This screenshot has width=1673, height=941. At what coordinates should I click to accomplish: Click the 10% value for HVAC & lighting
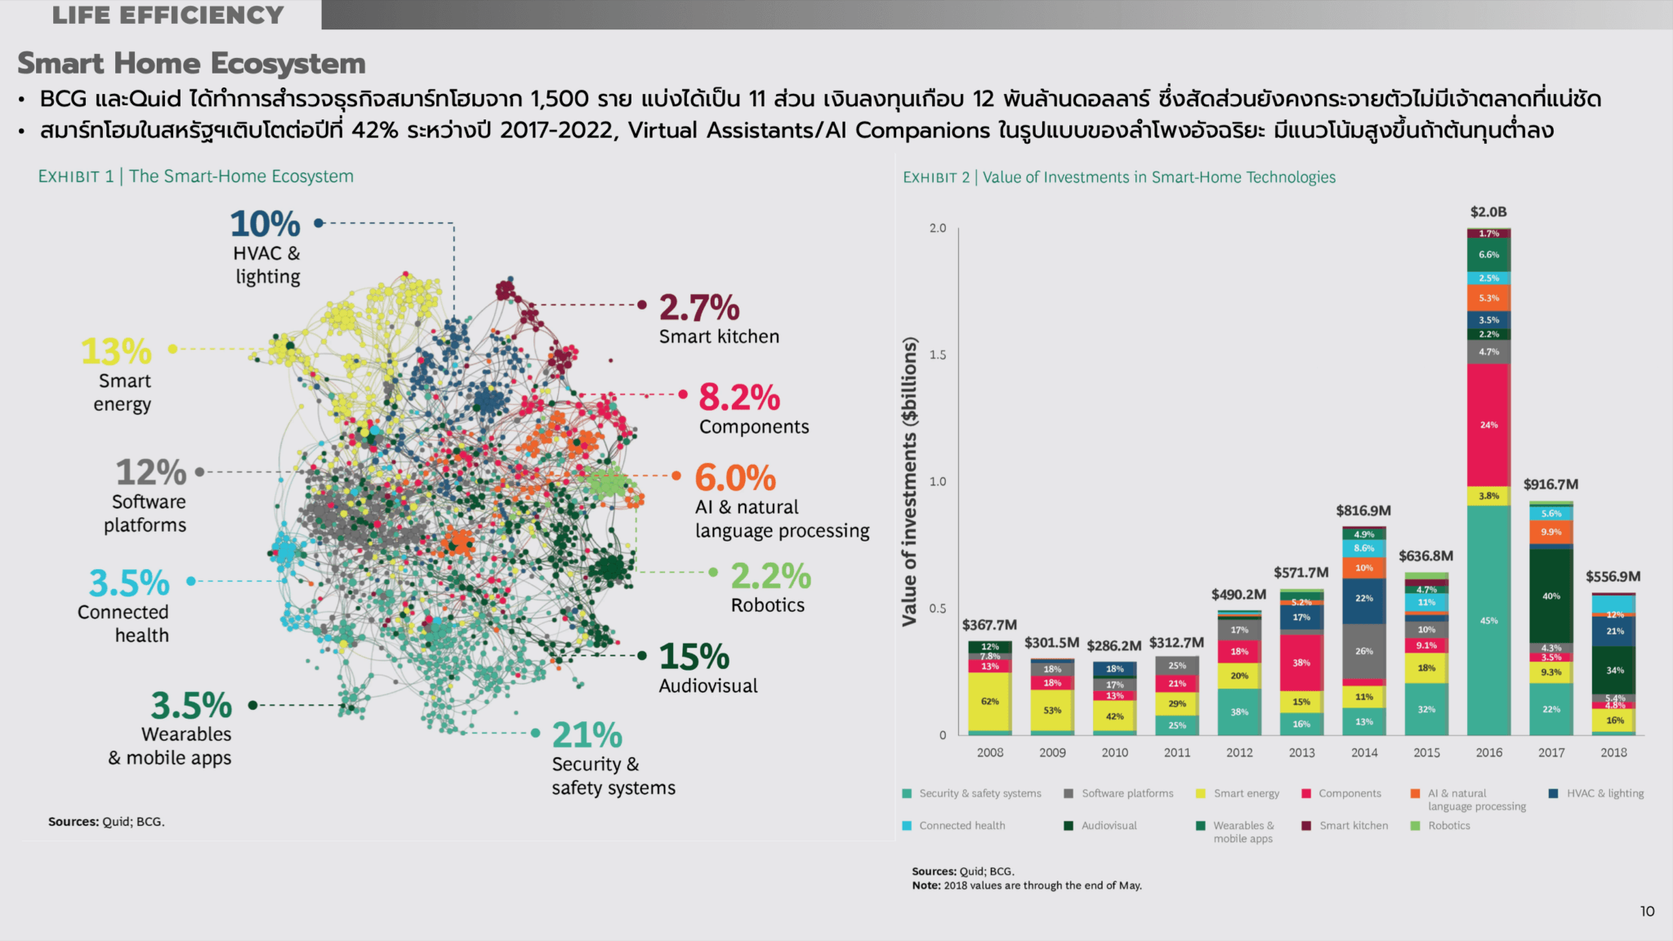tap(265, 224)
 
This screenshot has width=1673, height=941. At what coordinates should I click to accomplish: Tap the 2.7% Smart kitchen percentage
tap(699, 308)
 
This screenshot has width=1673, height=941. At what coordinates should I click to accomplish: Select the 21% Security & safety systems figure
tap(587, 735)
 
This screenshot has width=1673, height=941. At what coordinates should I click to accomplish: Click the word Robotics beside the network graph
tap(767, 605)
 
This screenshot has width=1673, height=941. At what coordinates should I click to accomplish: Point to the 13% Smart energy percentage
tap(116, 352)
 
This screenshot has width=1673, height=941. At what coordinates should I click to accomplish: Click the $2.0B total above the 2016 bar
tap(1488, 212)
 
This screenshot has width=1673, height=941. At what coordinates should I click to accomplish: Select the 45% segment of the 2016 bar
tap(1488, 621)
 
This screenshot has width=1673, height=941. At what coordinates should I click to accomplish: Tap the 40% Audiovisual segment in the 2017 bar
tap(1551, 596)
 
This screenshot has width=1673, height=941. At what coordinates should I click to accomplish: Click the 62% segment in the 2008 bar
tap(989, 702)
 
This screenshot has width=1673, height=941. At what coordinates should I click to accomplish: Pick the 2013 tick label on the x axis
tap(1301, 752)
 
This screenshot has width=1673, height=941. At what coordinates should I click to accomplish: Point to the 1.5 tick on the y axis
tap(938, 355)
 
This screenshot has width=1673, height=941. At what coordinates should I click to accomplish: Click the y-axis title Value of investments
tap(909, 482)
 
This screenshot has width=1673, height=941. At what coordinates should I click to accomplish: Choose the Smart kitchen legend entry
tap(1353, 826)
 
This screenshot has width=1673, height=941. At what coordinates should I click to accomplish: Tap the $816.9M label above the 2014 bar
tap(1363, 511)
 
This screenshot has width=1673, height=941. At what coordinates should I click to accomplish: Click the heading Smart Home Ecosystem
tap(191, 64)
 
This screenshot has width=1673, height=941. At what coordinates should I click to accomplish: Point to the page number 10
tap(1647, 912)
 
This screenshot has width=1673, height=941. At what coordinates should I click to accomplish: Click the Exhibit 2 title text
tap(1119, 177)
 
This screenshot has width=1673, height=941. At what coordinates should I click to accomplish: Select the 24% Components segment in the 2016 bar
tap(1488, 425)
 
